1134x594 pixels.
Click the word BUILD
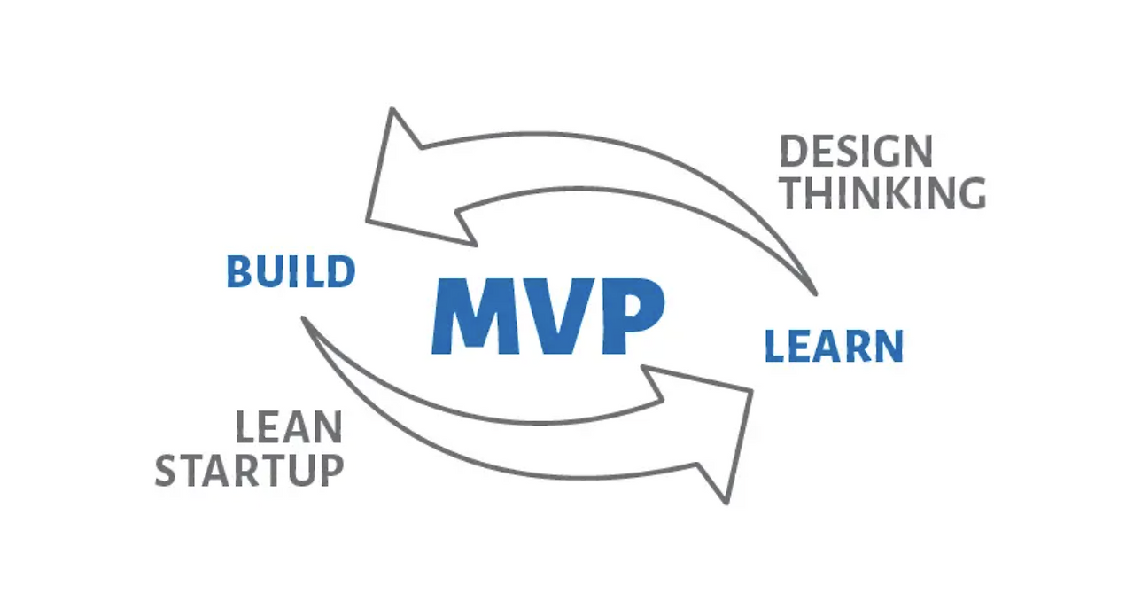(291, 272)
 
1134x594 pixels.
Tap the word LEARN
(834, 346)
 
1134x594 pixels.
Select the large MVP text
(547, 317)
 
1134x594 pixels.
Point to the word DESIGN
(856, 152)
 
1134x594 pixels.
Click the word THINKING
(883, 193)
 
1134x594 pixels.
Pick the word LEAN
(289, 428)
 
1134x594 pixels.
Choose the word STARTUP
(249, 470)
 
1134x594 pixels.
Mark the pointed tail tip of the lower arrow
(303, 317)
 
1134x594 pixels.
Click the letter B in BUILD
(238, 272)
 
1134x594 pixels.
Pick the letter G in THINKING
(971, 193)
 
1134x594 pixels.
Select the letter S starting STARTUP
(167, 470)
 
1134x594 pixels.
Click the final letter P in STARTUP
(330, 470)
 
